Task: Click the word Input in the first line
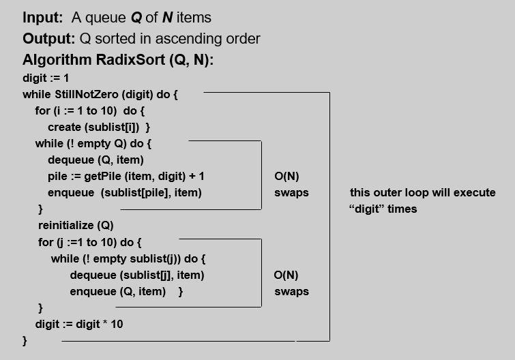[42, 17]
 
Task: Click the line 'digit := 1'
[46, 78]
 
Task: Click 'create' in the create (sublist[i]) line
[63, 127]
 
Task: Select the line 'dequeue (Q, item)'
[95, 160]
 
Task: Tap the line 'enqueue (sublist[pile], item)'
[125, 192]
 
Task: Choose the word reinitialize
[66, 225]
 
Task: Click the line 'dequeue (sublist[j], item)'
[137, 275]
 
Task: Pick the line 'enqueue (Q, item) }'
[127, 291]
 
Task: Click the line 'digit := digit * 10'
[79, 324]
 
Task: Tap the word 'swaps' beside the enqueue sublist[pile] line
[291, 192]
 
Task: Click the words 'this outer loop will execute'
[422, 192]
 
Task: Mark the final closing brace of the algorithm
[25, 340]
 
